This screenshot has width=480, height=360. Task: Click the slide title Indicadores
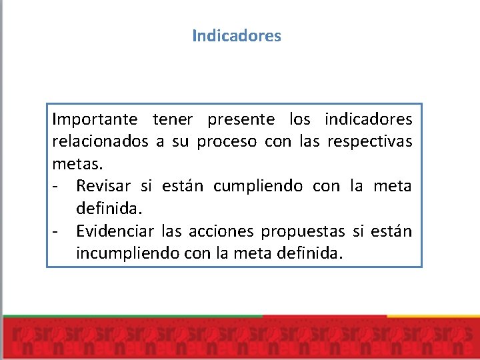[x=237, y=35]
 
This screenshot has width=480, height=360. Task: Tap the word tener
[x=173, y=120]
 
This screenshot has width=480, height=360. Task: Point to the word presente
[x=241, y=120]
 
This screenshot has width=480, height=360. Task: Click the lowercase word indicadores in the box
[x=368, y=120]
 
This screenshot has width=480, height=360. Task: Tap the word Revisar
[x=104, y=186]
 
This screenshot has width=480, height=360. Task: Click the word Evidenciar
[x=115, y=231]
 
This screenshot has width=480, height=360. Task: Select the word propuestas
[x=303, y=231]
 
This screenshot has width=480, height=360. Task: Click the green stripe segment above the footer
[x=133, y=315]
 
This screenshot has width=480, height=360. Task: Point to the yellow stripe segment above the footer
[x=433, y=315]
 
